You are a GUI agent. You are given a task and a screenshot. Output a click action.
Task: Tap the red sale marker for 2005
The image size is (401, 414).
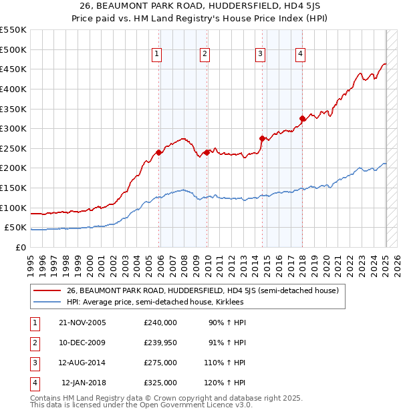[159, 152]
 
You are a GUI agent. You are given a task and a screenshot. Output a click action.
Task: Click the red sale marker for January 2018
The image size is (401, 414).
[302, 119]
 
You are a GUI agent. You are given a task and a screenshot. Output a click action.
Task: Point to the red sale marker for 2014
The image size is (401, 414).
[262, 138]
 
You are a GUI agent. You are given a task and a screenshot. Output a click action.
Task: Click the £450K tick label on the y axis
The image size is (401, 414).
[13, 69]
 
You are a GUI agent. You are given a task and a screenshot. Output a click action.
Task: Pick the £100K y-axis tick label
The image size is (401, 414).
[13, 208]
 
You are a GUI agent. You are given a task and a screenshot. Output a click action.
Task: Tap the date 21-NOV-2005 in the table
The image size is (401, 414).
[82, 323]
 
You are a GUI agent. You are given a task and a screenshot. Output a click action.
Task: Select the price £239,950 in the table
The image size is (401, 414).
[160, 343]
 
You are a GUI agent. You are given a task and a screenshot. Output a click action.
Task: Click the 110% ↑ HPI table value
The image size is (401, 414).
[227, 363]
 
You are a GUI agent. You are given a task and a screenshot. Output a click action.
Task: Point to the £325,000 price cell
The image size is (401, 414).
[160, 383]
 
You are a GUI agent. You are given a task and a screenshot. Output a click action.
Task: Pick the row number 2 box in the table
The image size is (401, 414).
[34, 343]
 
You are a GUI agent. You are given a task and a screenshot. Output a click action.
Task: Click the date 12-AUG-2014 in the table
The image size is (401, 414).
[82, 363]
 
